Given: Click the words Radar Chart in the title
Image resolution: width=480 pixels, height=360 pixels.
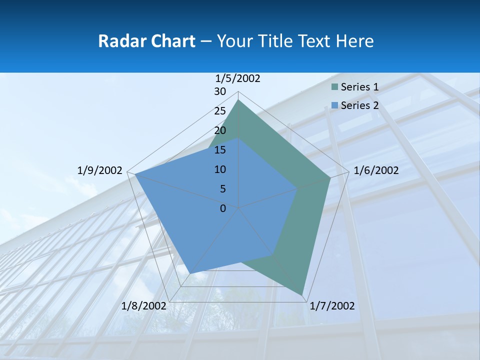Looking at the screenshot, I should tap(146, 41).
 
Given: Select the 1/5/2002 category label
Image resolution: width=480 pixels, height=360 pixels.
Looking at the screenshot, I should tap(238, 78).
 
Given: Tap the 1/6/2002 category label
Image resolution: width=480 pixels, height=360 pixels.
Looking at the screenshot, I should tap(376, 170).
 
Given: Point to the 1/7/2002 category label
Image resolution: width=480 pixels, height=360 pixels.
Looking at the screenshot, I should tap(332, 306).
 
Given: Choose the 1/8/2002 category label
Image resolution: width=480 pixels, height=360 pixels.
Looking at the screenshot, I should tap(143, 306).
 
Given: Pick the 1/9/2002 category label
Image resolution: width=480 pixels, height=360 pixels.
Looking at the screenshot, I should tap(99, 170).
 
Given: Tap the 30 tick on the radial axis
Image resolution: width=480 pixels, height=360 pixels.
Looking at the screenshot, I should tap(220, 91).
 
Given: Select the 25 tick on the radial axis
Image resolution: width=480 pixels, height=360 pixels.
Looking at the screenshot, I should tap(220, 111).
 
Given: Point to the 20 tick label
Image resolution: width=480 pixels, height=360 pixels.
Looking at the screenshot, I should tap(220, 130).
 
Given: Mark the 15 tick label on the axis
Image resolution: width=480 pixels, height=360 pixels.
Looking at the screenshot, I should tap(220, 150).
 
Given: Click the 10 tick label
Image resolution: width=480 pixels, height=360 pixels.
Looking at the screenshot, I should tap(220, 169).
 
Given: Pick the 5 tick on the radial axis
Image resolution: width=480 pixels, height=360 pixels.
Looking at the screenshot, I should tap(222, 189).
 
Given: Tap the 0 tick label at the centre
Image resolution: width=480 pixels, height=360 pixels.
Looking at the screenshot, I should tap(223, 208).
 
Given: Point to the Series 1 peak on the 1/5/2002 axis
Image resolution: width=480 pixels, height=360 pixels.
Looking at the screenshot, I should tap(238, 99).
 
